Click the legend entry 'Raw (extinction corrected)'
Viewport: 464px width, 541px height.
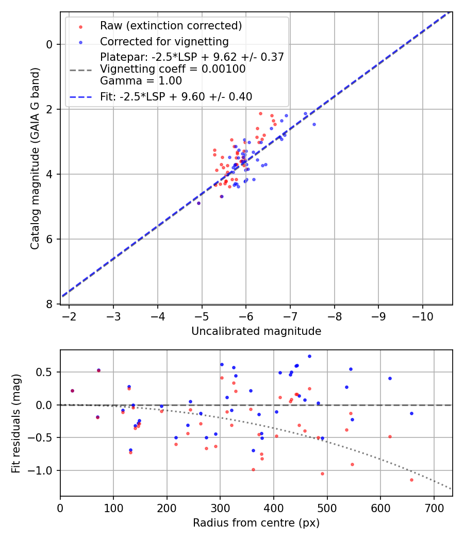[171, 26]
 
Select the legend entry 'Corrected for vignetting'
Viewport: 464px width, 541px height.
[164, 41]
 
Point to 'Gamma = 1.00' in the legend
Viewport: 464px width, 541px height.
[141, 80]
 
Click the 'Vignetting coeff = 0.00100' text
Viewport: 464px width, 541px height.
[173, 69]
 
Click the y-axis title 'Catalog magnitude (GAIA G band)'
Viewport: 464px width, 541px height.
[35, 158]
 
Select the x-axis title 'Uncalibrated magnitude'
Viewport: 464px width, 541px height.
[256, 331]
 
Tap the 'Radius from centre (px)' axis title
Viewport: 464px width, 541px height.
[256, 523]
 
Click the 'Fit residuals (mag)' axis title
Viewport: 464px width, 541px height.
[16, 422]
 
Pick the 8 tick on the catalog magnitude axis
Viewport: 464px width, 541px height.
[50, 304]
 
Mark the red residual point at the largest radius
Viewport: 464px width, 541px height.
[411, 480]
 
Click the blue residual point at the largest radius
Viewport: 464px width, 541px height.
[411, 413]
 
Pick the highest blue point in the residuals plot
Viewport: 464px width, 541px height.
[309, 356]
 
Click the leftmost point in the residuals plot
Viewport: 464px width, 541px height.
[72, 391]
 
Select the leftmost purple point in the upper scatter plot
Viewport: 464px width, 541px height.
[198, 203]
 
